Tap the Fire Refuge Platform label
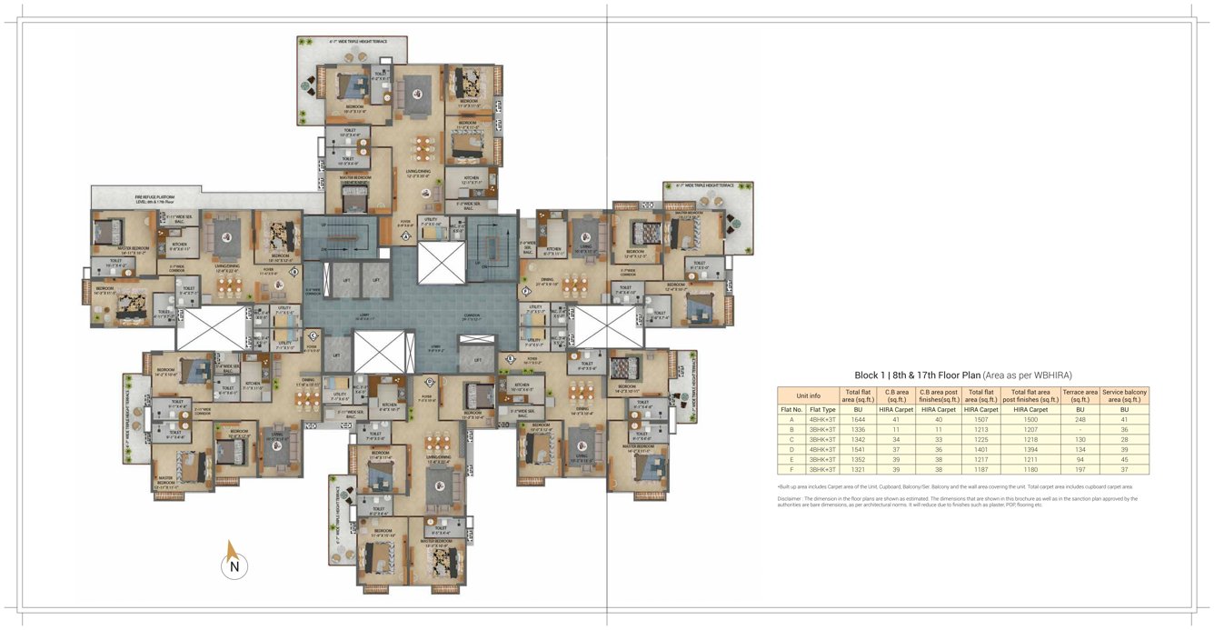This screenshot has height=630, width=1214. pyautogui.click(x=154, y=196)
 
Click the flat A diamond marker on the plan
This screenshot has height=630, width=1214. pyautogui.click(x=404, y=236)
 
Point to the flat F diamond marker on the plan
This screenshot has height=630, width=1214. pyautogui.click(x=526, y=291)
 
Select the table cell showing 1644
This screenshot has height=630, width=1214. pyautogui.click(x=858, y=419)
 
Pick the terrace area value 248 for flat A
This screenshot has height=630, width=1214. pyautogui.click(x=1080, y=419)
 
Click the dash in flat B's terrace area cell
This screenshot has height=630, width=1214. pyautogui.click(x=1080, y=429)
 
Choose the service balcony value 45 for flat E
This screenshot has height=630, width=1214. pyautogui.click(x=1124, y=459)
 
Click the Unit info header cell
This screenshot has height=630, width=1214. pyautogui.click(x=808, y=395)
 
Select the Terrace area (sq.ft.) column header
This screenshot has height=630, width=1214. pyautogui.click(x=1080, y=395)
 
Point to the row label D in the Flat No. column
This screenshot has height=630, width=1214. pyautogui.click(x=791, y=449)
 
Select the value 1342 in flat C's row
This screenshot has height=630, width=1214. pyautogui.click(x=858, y=439)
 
